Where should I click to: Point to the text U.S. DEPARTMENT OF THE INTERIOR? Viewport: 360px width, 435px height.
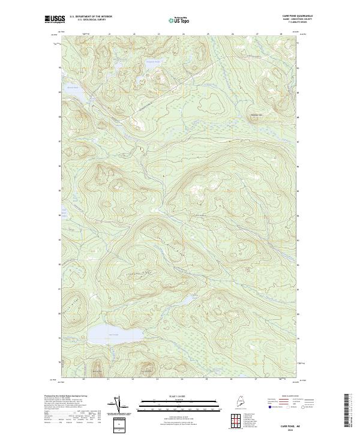click(91, 16)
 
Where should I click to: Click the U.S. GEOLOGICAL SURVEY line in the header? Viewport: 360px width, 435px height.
click(90, 20)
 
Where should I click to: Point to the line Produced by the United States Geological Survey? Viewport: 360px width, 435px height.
click(66, 397)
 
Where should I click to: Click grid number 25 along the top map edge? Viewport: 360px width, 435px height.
click(207, 34)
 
